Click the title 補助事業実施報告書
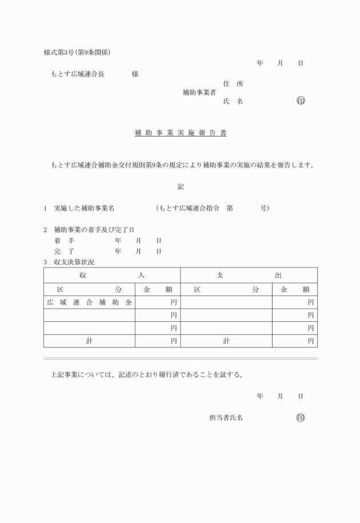(180, 133)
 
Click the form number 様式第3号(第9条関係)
(77, 53)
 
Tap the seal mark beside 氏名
(301, 101)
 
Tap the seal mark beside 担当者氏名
(301, 418)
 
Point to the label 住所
(233, 83)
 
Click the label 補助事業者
(199, 92)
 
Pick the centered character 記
(181, 186)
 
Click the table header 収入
(112, 275)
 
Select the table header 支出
(249, 275)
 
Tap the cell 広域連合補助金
(89, 301)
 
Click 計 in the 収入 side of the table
(89, 341)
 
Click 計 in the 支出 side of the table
(226, 341)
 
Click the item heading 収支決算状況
(74, 262)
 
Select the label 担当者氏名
(226, 418)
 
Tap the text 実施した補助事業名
(85, 208)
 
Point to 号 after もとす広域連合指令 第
(263, 208)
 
